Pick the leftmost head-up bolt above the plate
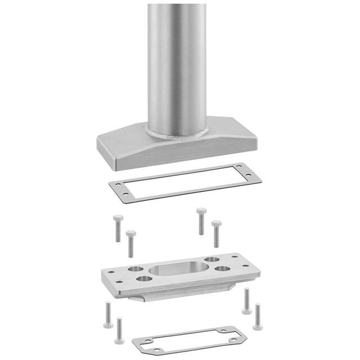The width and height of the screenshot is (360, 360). pos(117,228)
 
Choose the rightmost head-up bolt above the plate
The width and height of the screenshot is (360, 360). pos(216,233)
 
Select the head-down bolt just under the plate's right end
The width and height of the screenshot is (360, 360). pos(246,301)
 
